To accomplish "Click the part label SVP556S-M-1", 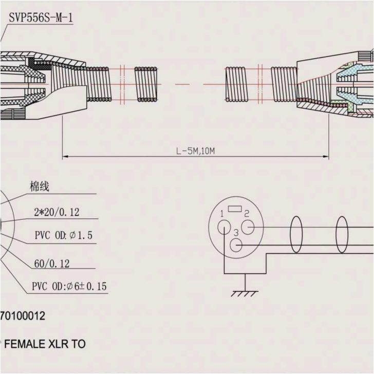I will [x=41, y=17].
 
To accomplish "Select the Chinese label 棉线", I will [x=39, y=186].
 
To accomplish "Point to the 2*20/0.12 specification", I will [x=57, y=212].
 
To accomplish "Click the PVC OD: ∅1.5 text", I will [x=63, y=236].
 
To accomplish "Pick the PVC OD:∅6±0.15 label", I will [x=69, y=286].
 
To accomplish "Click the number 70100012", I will [x=23, y=316].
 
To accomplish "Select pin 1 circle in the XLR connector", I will [x=225, y=227].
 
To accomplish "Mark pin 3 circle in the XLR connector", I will [x=236, y=245].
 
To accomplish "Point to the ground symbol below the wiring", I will [x=245, y=293].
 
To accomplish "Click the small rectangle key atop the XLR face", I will [x=235, y=209].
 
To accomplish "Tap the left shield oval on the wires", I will [x=296, y=235].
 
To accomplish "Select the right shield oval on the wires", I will [x=342, y=235].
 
